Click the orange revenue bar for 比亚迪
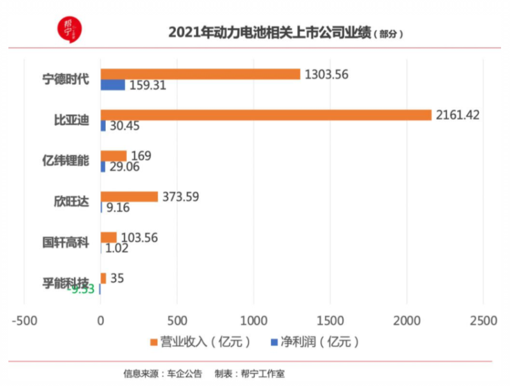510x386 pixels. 266,115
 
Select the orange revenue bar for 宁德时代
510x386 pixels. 200,74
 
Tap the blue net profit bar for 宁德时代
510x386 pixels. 113,85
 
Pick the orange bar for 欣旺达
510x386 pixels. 129,197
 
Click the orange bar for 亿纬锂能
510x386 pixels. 113,156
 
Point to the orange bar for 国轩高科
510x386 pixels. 108,237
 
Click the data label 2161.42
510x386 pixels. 457,115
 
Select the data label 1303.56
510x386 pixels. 326,74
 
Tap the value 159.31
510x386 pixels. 147,85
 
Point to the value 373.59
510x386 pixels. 180,197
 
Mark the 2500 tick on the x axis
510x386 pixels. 483,320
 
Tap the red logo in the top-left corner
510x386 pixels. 69,27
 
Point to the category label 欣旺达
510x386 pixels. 71,202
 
